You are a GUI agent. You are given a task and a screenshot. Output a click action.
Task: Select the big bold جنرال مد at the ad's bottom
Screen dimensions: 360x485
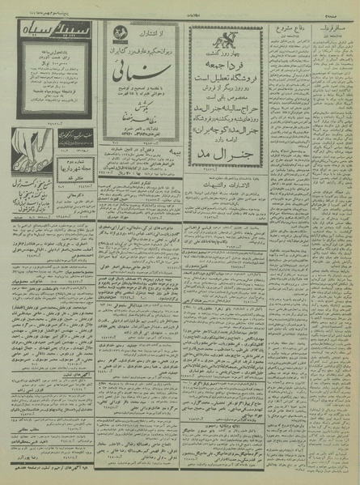[x=235, y=149]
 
